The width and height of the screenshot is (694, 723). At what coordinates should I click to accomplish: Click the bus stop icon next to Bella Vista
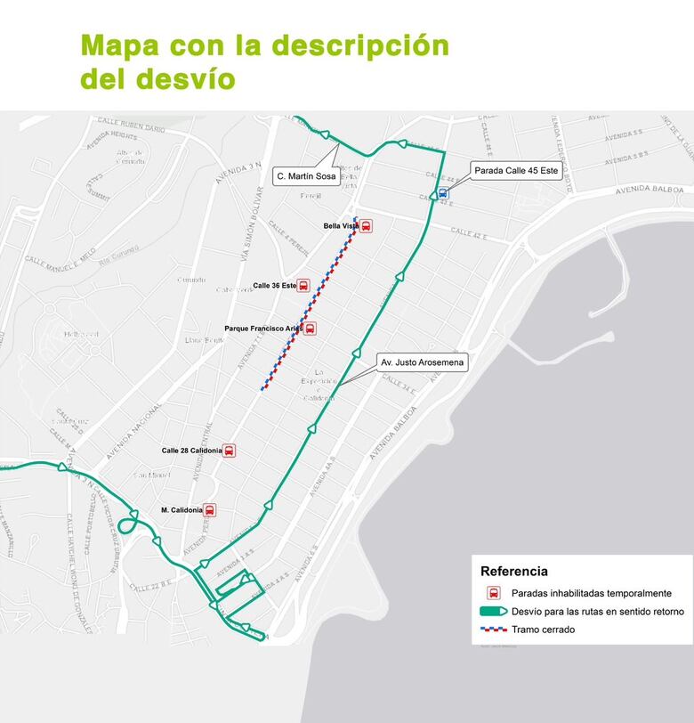(x=366, y=226)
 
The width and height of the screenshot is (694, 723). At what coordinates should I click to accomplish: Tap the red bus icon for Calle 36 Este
(x=303, y=286)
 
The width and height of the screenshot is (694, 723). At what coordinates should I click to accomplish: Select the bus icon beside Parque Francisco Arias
(x=310, y=329)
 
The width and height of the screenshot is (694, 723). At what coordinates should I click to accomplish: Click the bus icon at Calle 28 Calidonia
(x=230, y=451)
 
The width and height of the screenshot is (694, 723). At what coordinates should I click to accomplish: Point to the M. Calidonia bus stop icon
(x=210, y=510)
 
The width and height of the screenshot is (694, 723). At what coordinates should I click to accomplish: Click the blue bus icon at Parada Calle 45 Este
(x=443, y=192)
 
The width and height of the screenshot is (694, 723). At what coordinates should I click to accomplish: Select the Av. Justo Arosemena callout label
(x=422, y=362)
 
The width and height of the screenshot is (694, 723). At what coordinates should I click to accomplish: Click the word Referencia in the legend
(x=514, y=572)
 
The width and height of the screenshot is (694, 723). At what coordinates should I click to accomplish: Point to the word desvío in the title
(x=185, y=78)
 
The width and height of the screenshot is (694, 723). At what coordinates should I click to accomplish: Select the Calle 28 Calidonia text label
(x=190, y=451)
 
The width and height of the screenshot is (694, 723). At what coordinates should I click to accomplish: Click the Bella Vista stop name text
(x=341, y=226)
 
